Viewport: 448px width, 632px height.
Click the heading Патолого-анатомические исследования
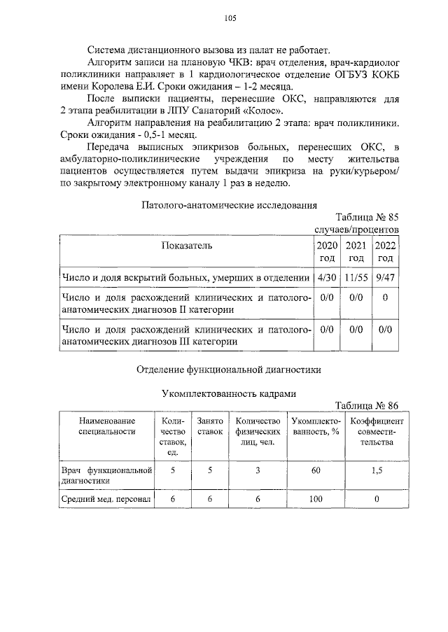pyautogui.click(x=230, y=205)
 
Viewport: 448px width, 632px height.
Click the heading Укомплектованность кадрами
pyautogui.click(x=230, y=394)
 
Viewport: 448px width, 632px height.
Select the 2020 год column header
pyautogui.click(x=327, y=252)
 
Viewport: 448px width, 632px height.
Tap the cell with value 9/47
pyautogui.click(x=385, y=278)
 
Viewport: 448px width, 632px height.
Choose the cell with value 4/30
pyautogui.click(x=327, y=278)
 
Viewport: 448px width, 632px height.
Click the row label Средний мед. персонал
pyautogui.click(x=106, y=499)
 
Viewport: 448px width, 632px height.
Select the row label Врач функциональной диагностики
pyautogui.click(x=106, y=475)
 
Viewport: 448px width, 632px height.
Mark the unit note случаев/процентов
pyautogui.click(x=356, y=229)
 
